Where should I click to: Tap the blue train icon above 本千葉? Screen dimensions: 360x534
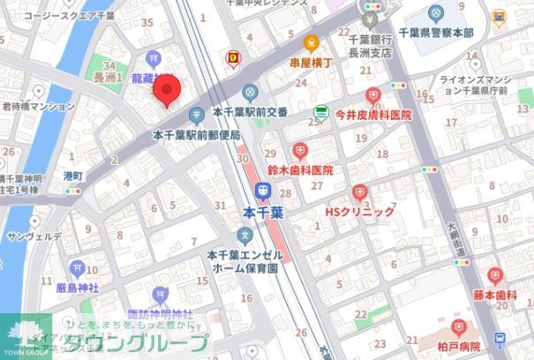[263, 190]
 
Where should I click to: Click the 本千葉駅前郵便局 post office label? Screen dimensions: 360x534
[196, 134]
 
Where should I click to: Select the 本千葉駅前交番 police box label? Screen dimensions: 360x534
[250, 112]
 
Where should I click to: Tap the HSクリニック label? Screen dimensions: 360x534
[359, 212]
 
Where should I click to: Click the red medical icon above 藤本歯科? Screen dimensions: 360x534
[493, 275]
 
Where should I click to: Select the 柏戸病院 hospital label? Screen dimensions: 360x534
[457, 347]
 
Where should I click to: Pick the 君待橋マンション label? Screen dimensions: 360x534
[38, 105]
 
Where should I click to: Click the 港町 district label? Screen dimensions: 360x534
[73, 176]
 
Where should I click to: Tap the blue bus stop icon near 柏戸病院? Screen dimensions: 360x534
[500, 339]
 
